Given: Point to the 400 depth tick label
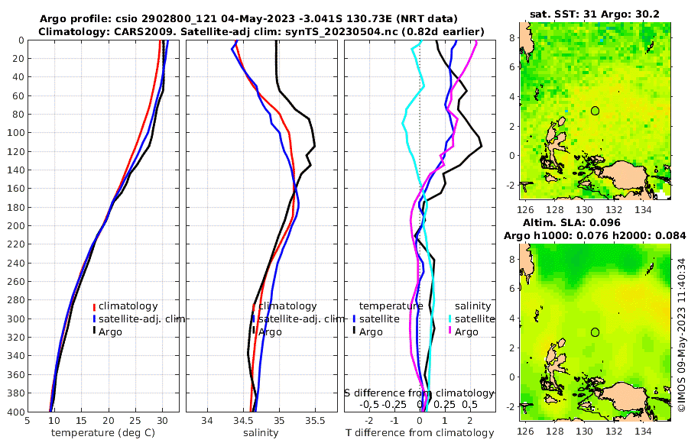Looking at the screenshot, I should (15, 412).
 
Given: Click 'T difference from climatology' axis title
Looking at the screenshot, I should (420, 433).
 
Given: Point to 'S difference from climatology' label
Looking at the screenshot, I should (420, 393).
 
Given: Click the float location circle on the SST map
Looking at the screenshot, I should (595, 111).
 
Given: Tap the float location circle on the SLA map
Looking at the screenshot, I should (595, 332).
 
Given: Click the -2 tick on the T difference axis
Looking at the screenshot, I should (369, 420).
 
